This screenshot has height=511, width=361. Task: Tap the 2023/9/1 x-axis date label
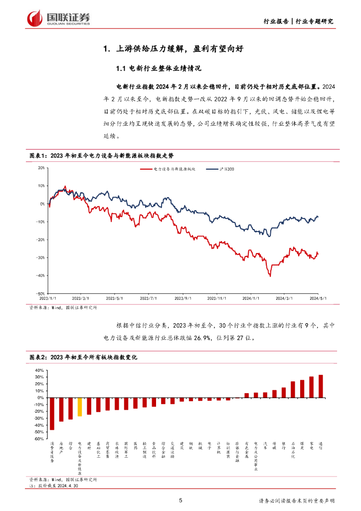pyautogui.click(x=183, y=298)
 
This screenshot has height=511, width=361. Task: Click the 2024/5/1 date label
pyautogui.click(x=318, y=298)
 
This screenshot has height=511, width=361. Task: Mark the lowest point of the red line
pyautogui.click(x=270, y=275)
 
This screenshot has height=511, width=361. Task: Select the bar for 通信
pyautogui.click(x=321, y=386)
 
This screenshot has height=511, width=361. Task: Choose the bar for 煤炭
pyautogui.click(x=302, y=389)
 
